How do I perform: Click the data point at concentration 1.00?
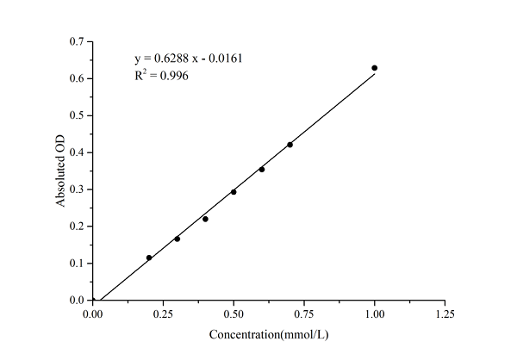tap(374, 68)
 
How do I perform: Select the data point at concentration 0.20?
tap(149, 258)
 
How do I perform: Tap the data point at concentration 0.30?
tap(178, 239)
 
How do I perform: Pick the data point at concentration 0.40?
tap(205, 219)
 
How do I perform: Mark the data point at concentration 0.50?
tap(234, 192)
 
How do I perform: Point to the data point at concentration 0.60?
tap(262, 170)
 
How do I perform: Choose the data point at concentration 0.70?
tap(290, 145)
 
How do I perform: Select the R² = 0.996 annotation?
tap(161, 76)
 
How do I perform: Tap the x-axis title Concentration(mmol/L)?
tap(268, 333)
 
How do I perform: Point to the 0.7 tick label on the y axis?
tap(78, 41)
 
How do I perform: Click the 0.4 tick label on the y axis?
tap(78, 152)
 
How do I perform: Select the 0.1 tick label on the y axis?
tap(78, 264)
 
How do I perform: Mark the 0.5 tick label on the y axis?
tap(78, 115)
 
